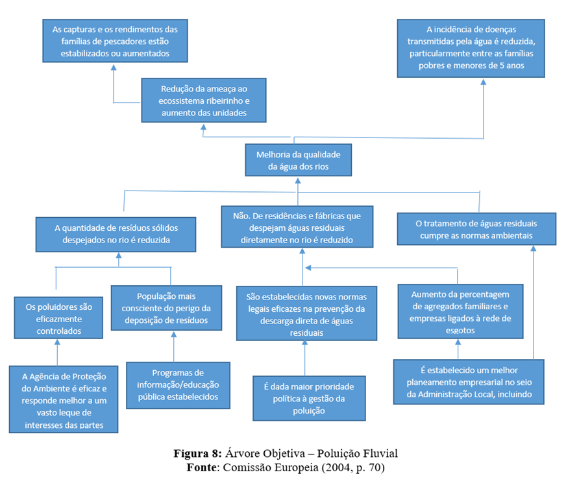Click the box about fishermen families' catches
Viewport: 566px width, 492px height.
coord(115,41)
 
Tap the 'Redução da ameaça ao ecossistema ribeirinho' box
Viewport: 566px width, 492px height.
coord(204,100)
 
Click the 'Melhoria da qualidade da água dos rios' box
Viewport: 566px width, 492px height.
coord(298,160)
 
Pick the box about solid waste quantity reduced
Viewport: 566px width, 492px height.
coord(116,233)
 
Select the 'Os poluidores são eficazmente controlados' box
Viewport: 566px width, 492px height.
coord(58,317)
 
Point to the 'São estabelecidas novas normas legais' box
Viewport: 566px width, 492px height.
coord(306,314)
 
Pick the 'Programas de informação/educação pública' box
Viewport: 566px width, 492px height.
coord(178,385)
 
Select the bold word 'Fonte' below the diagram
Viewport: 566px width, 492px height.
coord(199,467)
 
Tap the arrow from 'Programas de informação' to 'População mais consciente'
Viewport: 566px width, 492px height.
coord(174,346)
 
